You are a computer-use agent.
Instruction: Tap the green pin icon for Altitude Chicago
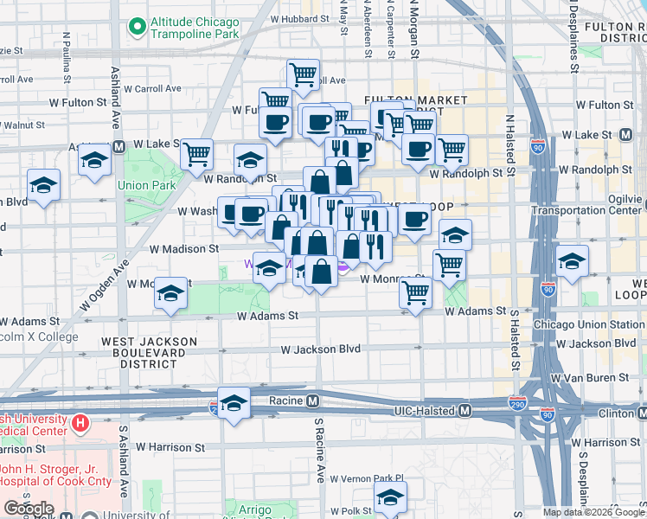[x=136, y=28]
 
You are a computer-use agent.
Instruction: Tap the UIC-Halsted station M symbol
[x=464, y=409]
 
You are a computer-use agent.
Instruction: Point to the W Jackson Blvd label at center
[x=320, y=349]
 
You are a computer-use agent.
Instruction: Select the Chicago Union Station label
[x=588, y=324]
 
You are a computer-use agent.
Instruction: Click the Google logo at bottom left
[x=29, y=509]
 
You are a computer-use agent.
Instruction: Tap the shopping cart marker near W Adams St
[x=415, y=294]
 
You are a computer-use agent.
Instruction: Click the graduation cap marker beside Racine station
[x=233, y=403]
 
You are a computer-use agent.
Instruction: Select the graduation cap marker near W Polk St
[x=390, y=497]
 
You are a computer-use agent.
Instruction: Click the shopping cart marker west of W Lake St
[x=197, y=154]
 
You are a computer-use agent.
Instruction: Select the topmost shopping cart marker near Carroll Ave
[x=303, y=74]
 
